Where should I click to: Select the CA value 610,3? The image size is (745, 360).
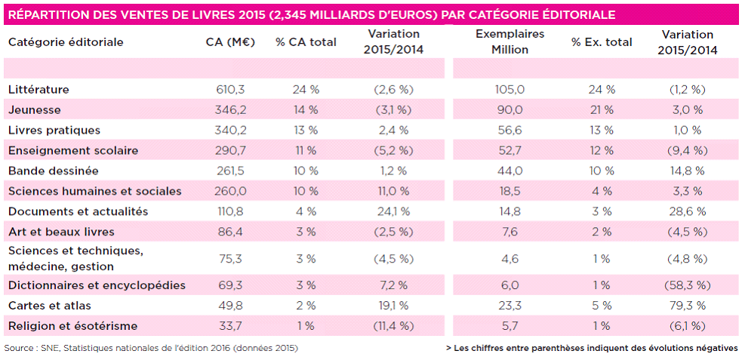[230, 89]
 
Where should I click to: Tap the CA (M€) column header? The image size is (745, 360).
[230, 42]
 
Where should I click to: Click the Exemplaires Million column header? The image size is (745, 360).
[509, 42]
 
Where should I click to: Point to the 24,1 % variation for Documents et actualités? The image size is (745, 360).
[393, 211]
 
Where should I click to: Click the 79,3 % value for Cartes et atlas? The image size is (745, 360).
[687, 306]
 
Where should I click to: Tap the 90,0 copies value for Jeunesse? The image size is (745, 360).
[509, 109]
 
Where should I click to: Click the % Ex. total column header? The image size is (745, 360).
[602, 42]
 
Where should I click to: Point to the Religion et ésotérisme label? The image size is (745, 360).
[72, 326]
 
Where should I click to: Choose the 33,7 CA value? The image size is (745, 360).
[230, 326]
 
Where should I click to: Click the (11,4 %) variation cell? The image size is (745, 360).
[393, 326]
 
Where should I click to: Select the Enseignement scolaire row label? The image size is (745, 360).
[72, 150]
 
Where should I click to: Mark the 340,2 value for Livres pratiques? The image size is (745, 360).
[230, 130]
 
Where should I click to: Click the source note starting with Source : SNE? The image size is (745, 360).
[151, 348]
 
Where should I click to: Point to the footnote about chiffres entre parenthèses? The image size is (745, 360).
[592, 348]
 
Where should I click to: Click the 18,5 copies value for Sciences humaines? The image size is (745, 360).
[509, 191]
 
